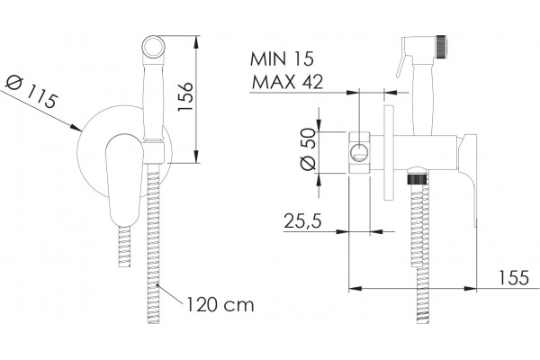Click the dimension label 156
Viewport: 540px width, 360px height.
pyautogui.click(x=184, y=96)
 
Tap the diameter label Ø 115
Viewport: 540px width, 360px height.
pyautogui.click(x=31, y=92)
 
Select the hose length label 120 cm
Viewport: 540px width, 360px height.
pyautogui.click(x=220, y=304)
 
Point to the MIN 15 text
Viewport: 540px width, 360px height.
pyautogui.click(x=282, y=58)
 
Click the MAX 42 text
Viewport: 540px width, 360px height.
pyautogui.click(x=288, y=82)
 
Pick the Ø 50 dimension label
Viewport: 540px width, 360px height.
pyautogui.click(x=308, y=149)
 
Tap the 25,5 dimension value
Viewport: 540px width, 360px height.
pyautogui.click(x=302, y=220)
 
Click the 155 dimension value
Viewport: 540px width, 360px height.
pyautogui.click(x=514, y=277)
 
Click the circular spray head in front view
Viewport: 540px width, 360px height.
pyautogui.click(x=153, y=47)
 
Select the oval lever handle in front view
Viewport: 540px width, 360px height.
pyautogui.click(x=123, y=179)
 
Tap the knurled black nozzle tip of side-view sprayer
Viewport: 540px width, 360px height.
pyautogui.click(x=441, y=46)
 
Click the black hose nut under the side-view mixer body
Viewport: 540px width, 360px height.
pyautogui.click(x=417, y=179)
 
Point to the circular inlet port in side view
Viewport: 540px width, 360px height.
pyautogui.click(x=359, y=153)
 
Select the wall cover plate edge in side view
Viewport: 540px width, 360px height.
pyautogui.click(x=389, y=153)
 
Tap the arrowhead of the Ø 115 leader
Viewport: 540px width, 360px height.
pyautogui.click(x=76, y=128)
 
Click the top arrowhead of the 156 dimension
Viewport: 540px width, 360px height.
pyautogui.click(x=196, y=42)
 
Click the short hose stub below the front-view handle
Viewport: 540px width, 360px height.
pyautogui.click(x=124, y=247)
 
